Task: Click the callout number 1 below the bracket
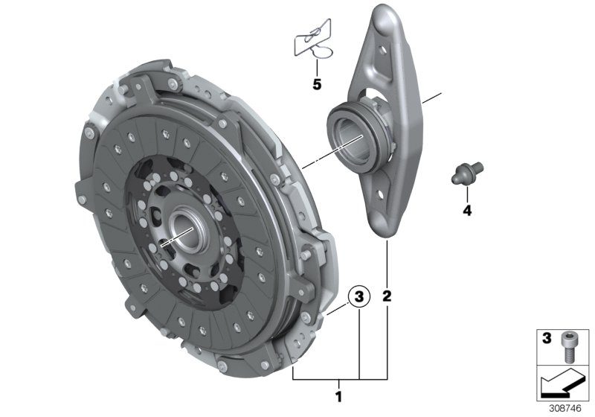(x=338, y=397)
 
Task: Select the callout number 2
(x=387, y=296)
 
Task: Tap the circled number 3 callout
(x=358, y=296)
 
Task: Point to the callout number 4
(x=467, y=211)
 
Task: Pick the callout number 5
(x=317, y=84)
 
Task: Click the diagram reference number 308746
(x=565, y=409)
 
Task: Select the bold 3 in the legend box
(x=547, y=338)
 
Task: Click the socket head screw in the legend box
(x=567, y=346)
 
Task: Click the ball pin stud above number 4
(x=466, y=173)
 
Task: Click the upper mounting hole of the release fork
(x=383, y=49)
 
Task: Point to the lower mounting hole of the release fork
(x=380, y=194)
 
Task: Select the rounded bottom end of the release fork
(x=384, y=228)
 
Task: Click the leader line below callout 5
(x=317, y=66)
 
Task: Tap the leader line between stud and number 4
(x=468, y=194)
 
